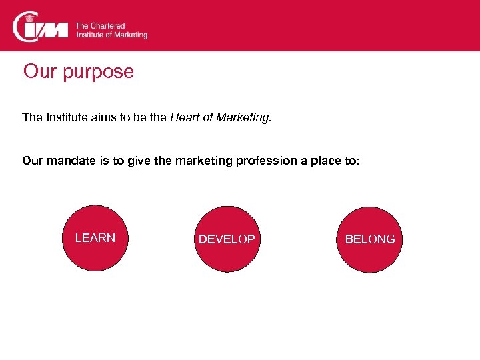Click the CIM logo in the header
point(40,27)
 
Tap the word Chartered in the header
point(107,26)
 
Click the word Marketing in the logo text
point(131,35)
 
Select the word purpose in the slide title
point(99,72)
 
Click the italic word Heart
point(184,118)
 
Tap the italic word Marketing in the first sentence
point(242,118)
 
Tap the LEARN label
point(95,238)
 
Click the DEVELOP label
point(227,239)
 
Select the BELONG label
point(370,239)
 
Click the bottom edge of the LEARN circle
point(95,271)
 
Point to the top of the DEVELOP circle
point(227,207)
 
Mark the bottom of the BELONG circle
point(370,272)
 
